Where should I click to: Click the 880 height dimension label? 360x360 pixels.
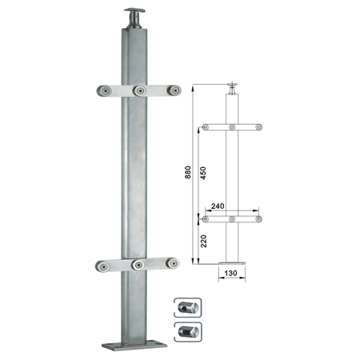click(188, 172)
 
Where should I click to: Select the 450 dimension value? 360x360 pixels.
click(203, 173)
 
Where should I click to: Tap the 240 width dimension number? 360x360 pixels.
click(218, 206)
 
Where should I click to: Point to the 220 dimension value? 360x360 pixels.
click(203, 241)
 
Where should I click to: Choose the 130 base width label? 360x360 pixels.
click(230, 274)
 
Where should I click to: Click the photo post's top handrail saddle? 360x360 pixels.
click(134, 18)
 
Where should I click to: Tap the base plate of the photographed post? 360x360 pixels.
click(134, 346)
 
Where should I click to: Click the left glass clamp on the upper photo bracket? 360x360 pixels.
click(104, 91)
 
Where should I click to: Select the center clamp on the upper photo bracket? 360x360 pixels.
click(139, 90)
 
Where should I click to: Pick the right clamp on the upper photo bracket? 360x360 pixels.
click(174, 90)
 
